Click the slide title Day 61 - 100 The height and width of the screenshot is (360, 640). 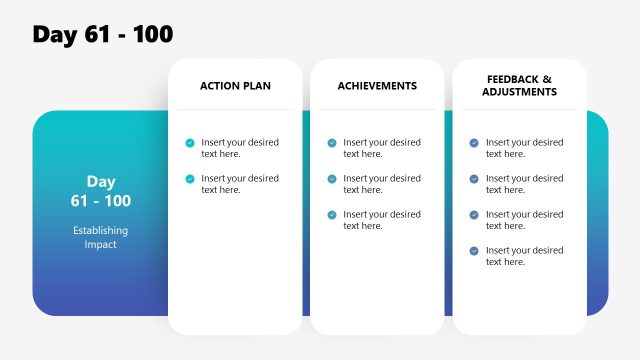tap(103, 34)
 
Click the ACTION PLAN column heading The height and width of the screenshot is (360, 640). tap(235, 86)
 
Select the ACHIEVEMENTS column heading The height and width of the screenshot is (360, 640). tap(377, 86)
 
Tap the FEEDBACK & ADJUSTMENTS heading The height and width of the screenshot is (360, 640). tap(519, 85)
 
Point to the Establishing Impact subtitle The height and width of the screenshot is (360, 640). tap(100, 237)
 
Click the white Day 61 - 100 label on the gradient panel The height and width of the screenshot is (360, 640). tap(100, 191)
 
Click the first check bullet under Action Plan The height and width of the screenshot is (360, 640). tap(190, 143)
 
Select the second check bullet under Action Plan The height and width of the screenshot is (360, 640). tap(190, 179)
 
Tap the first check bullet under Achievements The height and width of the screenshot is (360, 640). tap(332, 143)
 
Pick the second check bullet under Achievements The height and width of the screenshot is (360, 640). tap(332, 179)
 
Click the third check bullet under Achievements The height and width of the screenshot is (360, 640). tap(332, 215)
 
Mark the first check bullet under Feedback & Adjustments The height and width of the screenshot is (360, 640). tap(474, 143)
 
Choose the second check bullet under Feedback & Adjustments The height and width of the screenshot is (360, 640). tap(474, 179)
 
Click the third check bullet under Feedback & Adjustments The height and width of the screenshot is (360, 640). tap(474, 215)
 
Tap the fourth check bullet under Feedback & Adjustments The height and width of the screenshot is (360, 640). tap(474, 251)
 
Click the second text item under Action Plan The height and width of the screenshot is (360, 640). tap(240, 184)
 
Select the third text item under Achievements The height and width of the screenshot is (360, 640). tap(382, 220)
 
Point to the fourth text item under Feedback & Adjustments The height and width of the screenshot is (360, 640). tap(524, 256)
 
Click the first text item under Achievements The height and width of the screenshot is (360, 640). tap(382, 148)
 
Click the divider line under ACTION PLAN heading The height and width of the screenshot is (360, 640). tap(235, 109)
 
